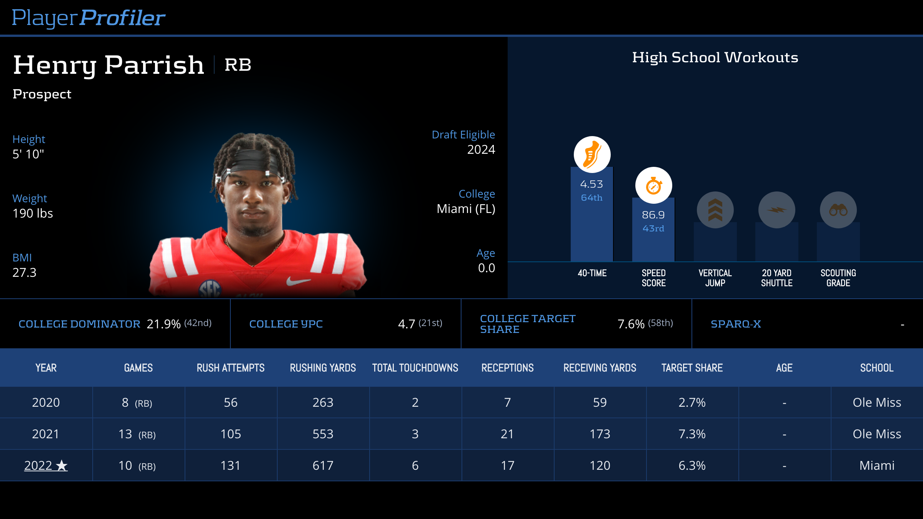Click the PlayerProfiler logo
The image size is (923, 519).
pyautogui.click(x=88, y=18)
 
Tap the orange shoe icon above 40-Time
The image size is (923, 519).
pyautogui.click(x=592, y=155)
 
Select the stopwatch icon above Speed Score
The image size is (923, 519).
pyautogui.click(x=653, y=186)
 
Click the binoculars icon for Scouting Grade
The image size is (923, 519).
pyautogui.click(x=838, y=210)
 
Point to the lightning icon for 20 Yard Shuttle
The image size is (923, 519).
pyautogui.click(x=776, y=210)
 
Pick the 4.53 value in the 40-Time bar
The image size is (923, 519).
pyautogui.click(x=591, y=184)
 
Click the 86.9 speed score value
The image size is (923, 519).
pyautogui.click(x=653, y=215)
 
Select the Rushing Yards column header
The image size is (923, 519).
pyautogui.click(x=323, y=368)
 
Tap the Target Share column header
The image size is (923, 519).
pyautogui.click(x=692, y=368)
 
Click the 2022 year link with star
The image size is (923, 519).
pyautogui.click(x=45, y=466)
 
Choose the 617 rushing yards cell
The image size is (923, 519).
pyautogui.click(x=323, y=466)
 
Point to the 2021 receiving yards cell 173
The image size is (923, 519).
pyautogui.click(x=600, y=434)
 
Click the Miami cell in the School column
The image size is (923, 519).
pyautogui.click(x=876, y=466)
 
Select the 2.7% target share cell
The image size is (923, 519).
pyautogui.click(x=692, y=403)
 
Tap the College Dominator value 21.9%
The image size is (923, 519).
pyautogui.click(x=163, y=324)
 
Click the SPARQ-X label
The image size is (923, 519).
pyautogui.click(x=736, y=324)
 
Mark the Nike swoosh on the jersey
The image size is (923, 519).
pyautogui.click(x=298, y=282)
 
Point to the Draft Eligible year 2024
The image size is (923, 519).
pyautogui.click(x=481, y=150)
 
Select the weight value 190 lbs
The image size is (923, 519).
pyautogui.click(x=33, y=213)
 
